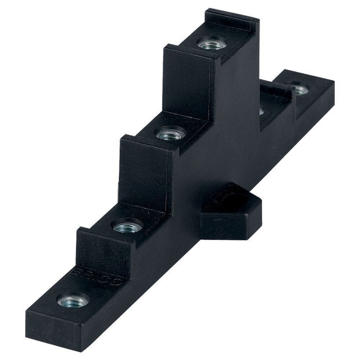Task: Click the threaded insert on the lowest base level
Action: [73, 300]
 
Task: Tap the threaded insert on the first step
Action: [128, 226]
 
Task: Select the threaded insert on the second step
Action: [170, 134]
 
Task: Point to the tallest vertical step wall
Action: [187, 79]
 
